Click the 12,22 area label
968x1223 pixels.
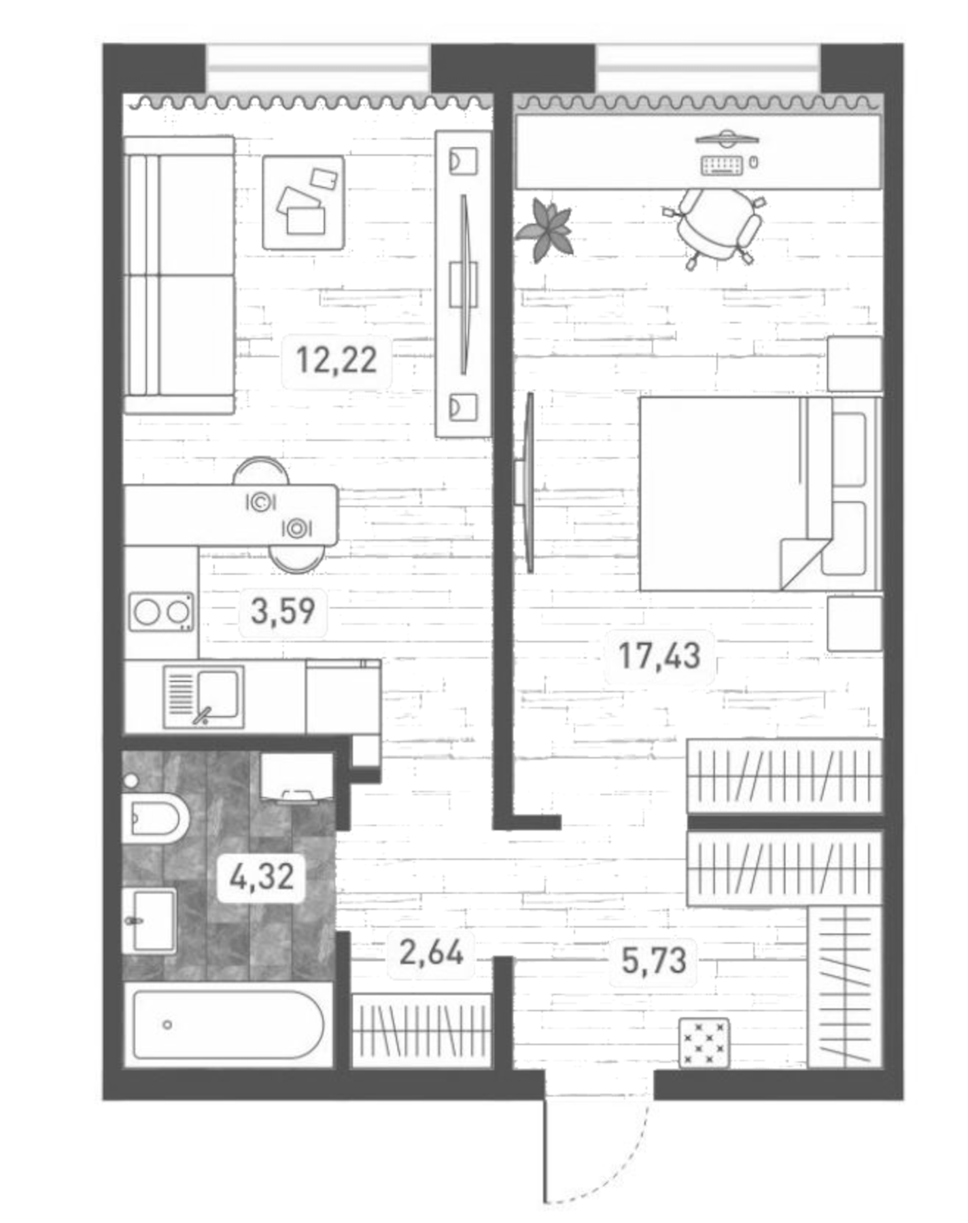336,359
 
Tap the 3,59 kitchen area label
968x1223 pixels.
283,610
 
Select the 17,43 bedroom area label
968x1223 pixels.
659,656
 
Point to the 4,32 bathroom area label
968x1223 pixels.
262,876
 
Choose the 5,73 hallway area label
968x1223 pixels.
654,959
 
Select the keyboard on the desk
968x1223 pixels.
721,165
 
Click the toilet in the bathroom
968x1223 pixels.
156,817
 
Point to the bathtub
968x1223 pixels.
228,1024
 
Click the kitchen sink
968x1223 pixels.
204,696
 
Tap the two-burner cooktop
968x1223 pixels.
161,612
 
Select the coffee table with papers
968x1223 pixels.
303,202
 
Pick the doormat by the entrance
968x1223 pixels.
704,1042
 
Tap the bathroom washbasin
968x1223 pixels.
151,921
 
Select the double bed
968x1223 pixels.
758,493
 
